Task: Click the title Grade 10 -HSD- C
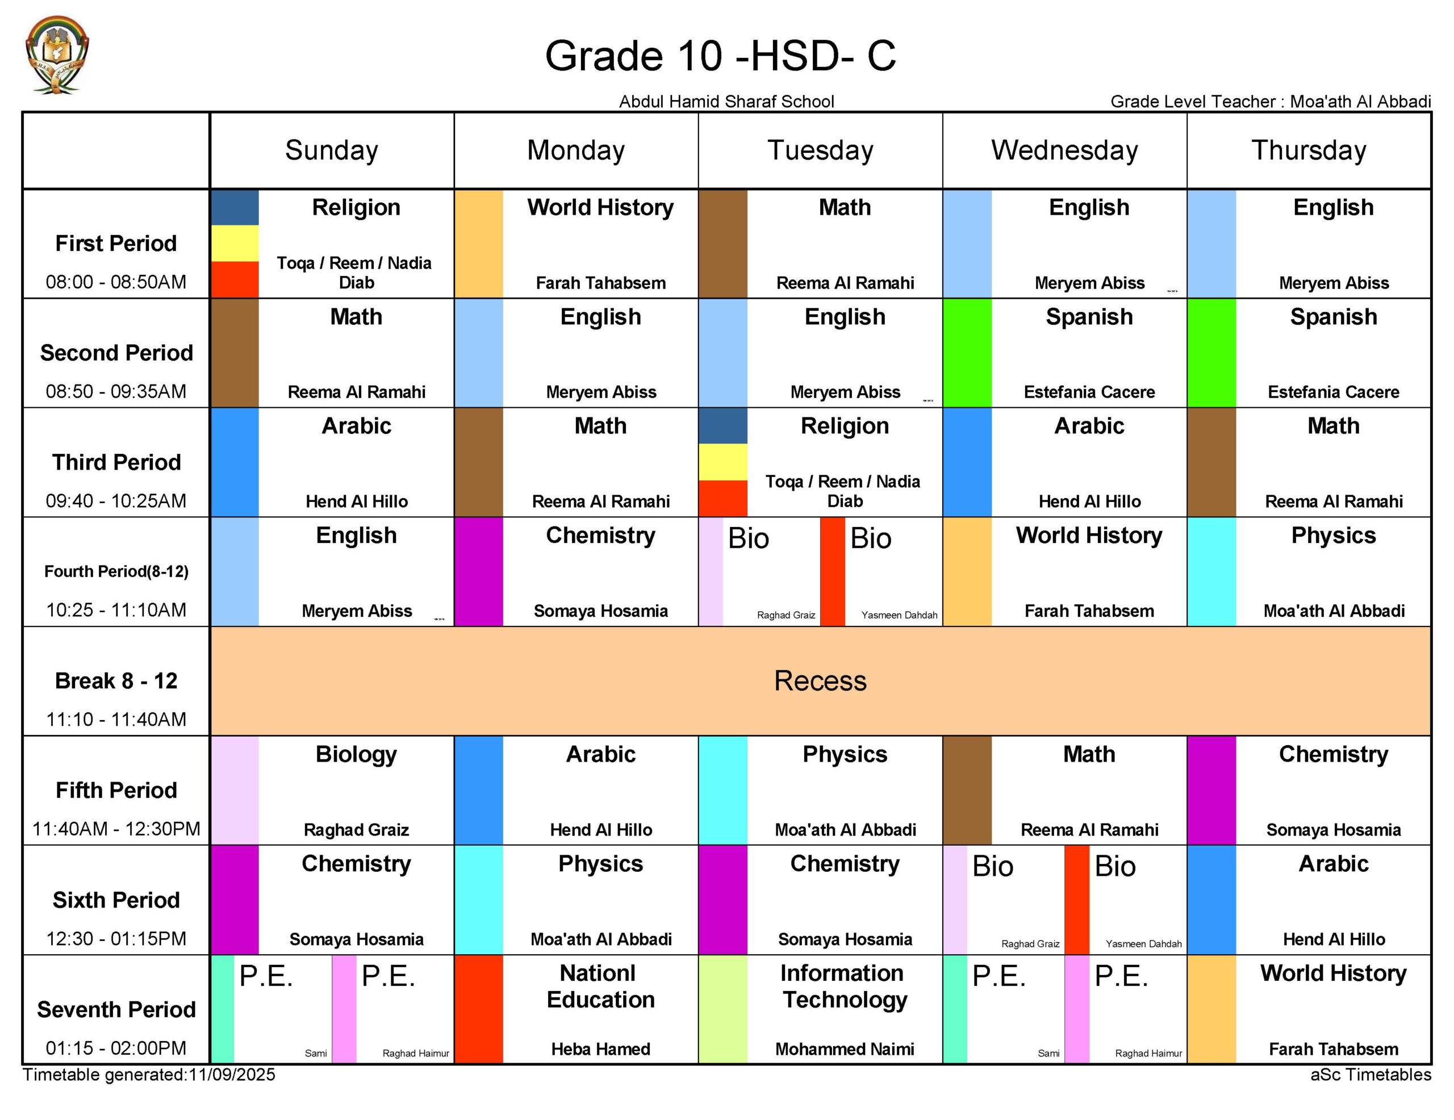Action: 720,55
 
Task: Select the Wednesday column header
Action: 1064,151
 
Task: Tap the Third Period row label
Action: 116,462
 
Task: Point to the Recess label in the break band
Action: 820,680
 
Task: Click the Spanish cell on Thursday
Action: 1333,353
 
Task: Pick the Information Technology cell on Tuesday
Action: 845,1009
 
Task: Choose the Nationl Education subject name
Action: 600,986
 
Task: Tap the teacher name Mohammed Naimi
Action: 845,1049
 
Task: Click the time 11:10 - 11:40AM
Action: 116,719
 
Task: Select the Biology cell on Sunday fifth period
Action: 356,791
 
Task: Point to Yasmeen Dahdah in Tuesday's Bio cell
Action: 899,615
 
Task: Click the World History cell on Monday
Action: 600,244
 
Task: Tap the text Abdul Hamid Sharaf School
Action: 726,102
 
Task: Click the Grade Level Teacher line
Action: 1270,102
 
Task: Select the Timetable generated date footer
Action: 149,1075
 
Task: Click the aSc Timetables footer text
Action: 1370,1075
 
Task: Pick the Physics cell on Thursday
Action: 1333,571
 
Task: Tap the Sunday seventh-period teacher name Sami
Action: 316,1054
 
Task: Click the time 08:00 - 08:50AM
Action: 116,282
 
